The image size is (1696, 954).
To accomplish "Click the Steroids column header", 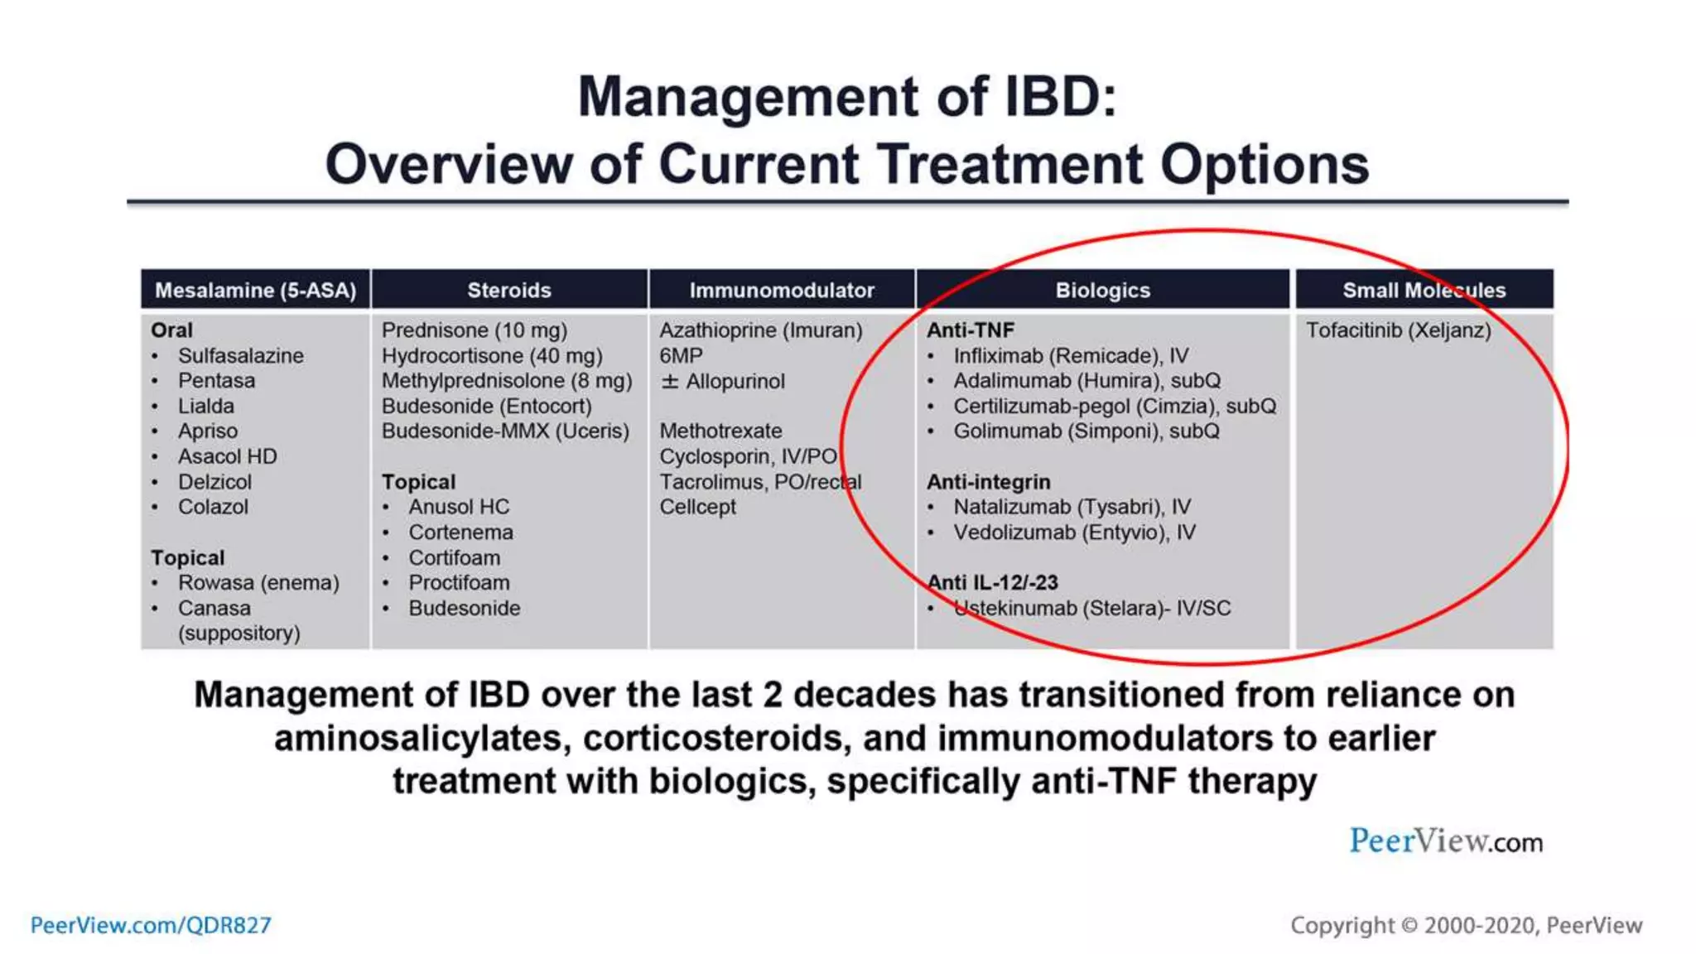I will pos(508,290).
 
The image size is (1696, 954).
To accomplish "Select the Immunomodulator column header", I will pos(781,290).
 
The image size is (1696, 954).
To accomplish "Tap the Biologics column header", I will pos(1102,290).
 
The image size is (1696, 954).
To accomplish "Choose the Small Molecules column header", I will pos(1424,290).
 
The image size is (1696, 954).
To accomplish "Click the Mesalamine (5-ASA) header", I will pos(255,290).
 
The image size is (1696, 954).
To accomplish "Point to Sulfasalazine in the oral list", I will pos(240,356).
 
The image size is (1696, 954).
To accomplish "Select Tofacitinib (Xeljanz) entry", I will pos(1398,330).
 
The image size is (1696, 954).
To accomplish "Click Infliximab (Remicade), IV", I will pos(1070,356).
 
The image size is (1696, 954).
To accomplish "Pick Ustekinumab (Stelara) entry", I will pos(1091,609).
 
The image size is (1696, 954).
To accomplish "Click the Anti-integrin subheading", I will pos(988,482).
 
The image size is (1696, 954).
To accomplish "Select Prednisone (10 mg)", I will pos(474,330).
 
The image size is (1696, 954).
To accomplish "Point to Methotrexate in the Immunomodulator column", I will pos(720,431).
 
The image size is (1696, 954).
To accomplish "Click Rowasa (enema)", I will pos(258,583).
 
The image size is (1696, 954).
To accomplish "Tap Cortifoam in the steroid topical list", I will pos(454,558).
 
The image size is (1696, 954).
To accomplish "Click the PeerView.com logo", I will pos(1445,841).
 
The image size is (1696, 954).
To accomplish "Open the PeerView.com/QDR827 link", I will pos(151,925).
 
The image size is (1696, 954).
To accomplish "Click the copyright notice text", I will pos(1466,925).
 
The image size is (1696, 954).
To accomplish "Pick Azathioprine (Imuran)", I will pos(760,330).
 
